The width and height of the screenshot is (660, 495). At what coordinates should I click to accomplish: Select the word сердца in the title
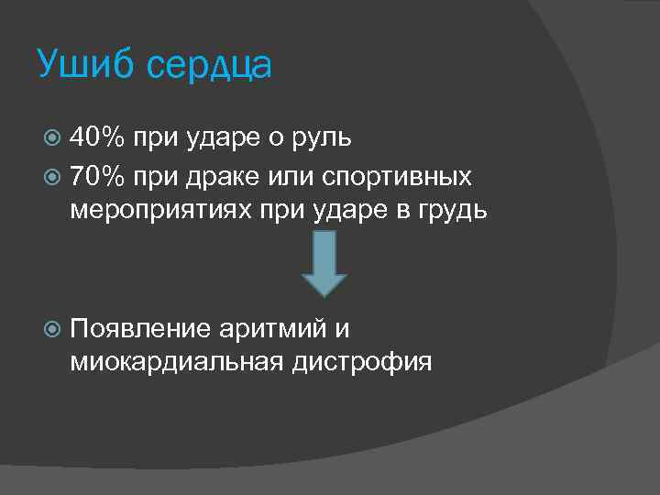[x=209, y=67]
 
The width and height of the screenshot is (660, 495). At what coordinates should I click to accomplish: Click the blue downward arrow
[x=324, y=262]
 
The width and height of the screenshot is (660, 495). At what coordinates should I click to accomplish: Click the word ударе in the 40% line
[x=217, y=139]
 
